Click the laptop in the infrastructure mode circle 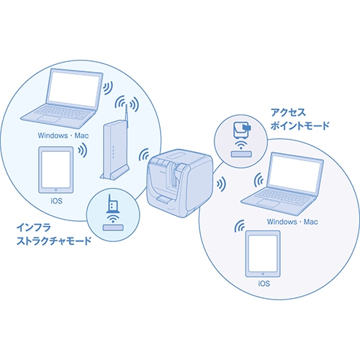(x=63, y=99)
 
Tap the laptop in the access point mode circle (x=283, y=184)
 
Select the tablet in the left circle (x=56, y=170)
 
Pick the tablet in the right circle (x=263, y=253)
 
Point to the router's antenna (x=127, y=117)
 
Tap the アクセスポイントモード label (x=300, y=119)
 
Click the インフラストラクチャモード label (x=54, y=234)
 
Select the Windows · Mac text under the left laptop (x=63, y=135)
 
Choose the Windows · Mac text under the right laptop (x=292, y=222)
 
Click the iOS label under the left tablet (x=56, y=201)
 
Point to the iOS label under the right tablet (x=264, y=284)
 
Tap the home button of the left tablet (x=56, y=190)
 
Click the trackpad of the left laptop (x=50, y=119)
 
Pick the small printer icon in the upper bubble (x=242, y=130)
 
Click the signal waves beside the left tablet (x=82, y=150)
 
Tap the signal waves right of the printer (x=221, y=184)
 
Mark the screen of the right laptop (x=295, y=174)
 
